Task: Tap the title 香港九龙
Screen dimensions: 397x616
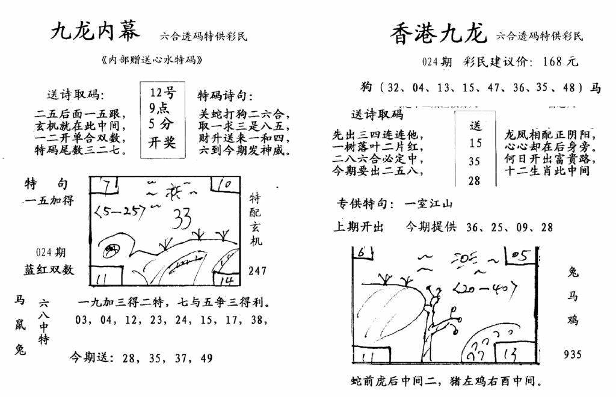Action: point(437,34)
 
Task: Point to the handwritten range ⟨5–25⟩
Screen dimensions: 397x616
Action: point(121,212)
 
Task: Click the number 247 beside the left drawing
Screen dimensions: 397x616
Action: point(257,271)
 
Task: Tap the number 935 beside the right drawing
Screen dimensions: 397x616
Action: point(572,355)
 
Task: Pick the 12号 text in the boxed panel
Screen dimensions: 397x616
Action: point(162,94)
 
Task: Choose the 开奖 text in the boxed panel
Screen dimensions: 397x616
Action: point(162,143)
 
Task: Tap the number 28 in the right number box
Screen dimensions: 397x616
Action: point(475,179)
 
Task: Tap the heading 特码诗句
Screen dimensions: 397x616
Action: point(225,96)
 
